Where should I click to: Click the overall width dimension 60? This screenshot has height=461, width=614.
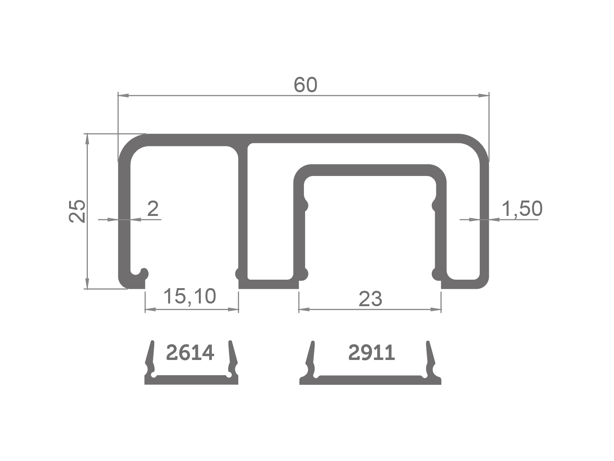[305, 85]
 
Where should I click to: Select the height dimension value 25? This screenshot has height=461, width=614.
[77, 211]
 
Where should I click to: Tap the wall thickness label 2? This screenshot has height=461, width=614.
[153, 209]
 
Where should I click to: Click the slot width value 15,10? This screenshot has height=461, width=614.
[190, 296]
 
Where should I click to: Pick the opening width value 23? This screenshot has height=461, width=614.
[370, 299]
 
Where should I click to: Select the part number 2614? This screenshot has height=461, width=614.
[190, 353]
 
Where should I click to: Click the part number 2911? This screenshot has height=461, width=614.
[371, 353]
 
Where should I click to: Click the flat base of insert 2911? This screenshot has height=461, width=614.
[370, 380]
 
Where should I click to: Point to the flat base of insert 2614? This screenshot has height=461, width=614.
[191, 380]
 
